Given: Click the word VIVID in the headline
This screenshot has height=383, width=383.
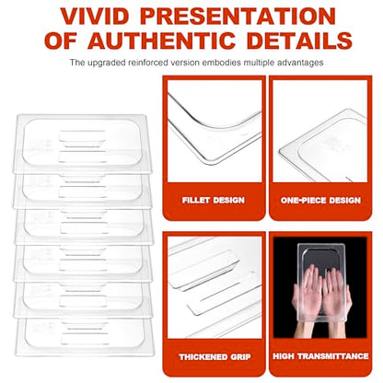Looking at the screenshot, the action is pyautogui.click(x=95, y=17).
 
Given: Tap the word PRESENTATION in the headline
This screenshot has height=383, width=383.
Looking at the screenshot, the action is pyautogui.click(x=238, y=17).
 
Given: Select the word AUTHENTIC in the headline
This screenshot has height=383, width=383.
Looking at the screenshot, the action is pyautogui.click(x=161, y=41).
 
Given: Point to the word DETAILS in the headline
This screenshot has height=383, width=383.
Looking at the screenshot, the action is pyautogui.click(x=299, y=41).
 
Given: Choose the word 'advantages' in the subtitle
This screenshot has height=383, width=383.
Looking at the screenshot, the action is pyautogui.click(x=300, y=63).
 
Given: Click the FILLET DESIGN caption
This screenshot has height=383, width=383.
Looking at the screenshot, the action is pyautogui.click(x=214, y=201).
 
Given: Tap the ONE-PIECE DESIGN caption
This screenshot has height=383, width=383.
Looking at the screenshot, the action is pyautogui.click(x=320, y=201).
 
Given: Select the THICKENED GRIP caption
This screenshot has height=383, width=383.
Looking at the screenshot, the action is pyautogui.click(x=215, y=357).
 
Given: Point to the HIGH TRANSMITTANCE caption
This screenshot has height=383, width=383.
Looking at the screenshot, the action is pyautogui.click(x=320, y=356).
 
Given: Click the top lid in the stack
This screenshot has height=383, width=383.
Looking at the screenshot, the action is pyautogui.click(x=83, y=143).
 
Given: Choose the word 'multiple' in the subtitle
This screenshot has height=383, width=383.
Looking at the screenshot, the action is pyautogui.click(x=260, y=63).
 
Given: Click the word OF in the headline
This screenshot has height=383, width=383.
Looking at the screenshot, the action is pyautogui.click(x=60, y=41).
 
